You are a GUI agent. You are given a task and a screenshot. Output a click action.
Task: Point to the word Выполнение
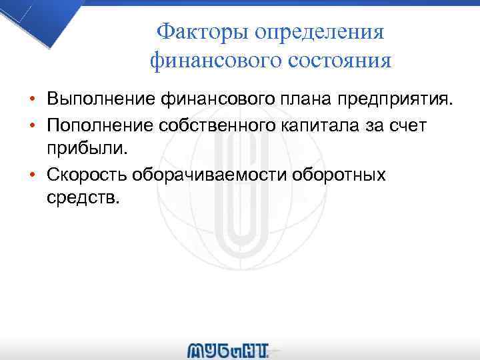coord(101,100)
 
